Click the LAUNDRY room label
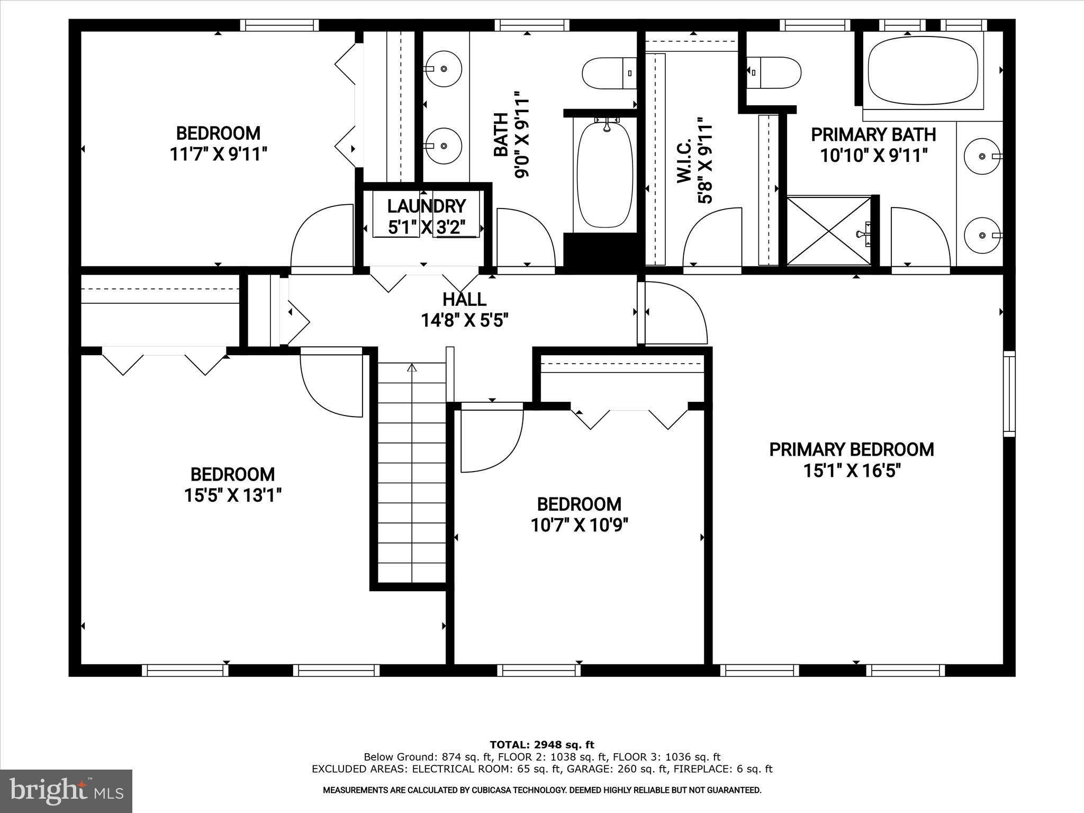coord(426,206)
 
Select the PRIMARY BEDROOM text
coord(851,450)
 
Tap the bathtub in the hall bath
coord(604,175)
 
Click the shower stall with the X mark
coord(828,231)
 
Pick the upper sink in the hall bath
coord(444,69)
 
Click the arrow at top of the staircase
coord(412,368)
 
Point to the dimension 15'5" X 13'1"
coord(232,495)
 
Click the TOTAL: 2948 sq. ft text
coord(541,745)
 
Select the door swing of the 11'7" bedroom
coord(322,238)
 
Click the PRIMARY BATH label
coord(873,134)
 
